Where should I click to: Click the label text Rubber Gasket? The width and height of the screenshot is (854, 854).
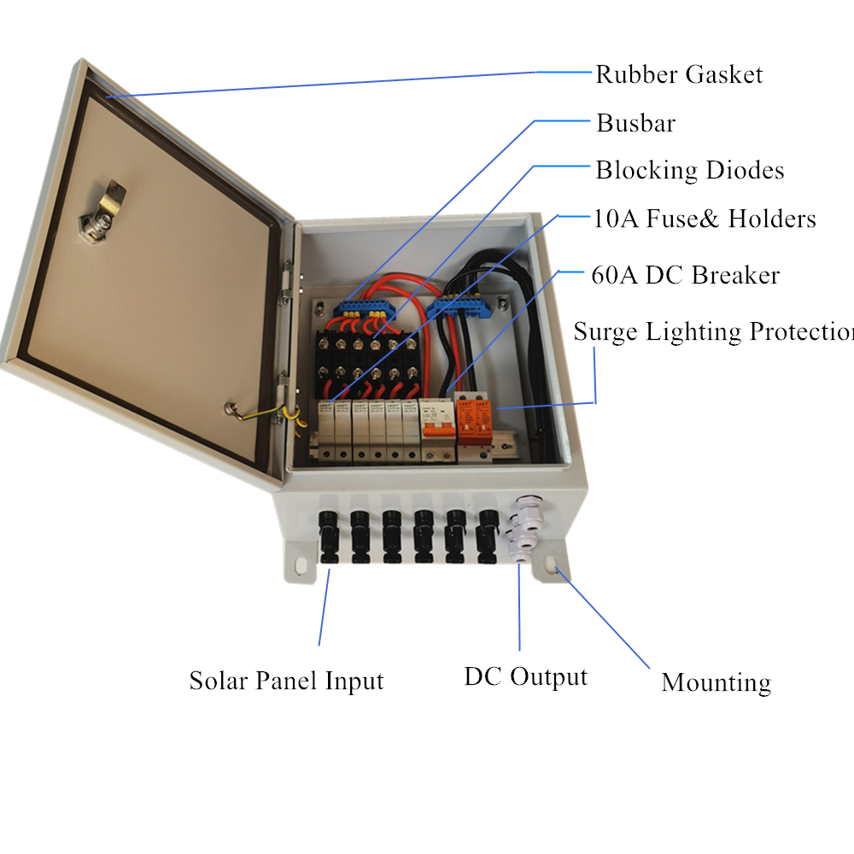tap(679, 74)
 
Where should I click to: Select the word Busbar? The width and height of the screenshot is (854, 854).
tap(635, 123)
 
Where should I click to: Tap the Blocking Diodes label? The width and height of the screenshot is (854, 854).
tap(689, 170)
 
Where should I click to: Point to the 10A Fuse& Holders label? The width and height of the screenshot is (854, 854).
tap(705, 219)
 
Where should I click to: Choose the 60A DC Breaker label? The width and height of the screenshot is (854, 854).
tap(685, 276)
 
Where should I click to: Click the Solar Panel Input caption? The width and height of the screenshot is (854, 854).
tap(286, 681)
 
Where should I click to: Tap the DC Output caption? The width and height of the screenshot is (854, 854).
tap(525, 677)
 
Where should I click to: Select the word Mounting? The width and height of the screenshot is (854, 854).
tap(716, 682)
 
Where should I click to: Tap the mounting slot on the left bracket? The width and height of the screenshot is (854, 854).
tap(301, 564)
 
